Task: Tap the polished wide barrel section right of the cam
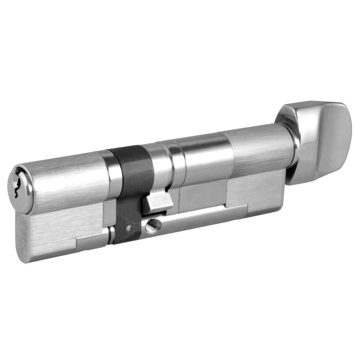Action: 205,158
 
